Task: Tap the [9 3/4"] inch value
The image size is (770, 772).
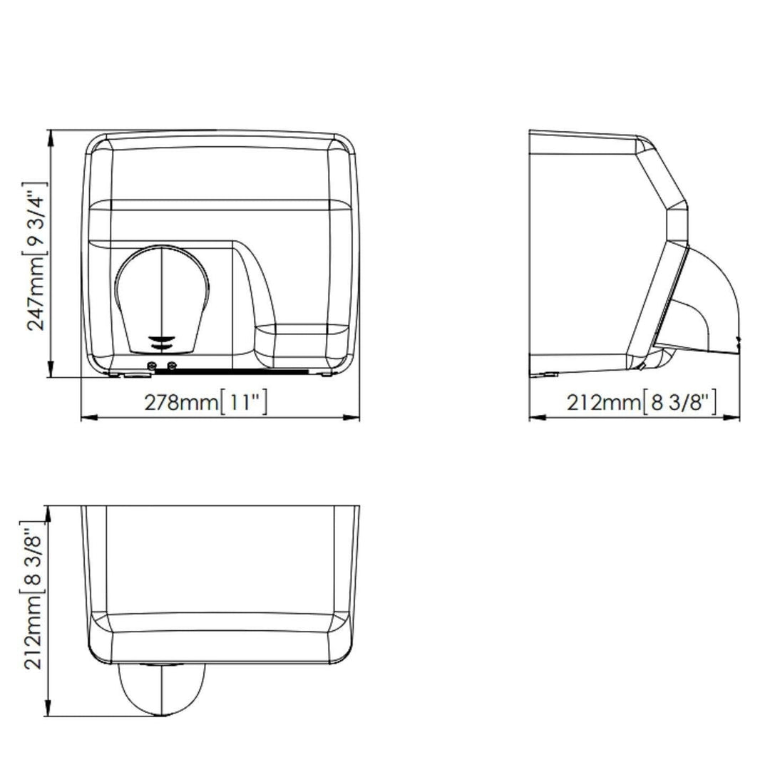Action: [35, 219]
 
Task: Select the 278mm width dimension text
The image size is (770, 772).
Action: [180, 402]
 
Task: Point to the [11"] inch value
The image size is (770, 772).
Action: [243, 401]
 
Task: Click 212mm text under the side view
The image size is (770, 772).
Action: [604, 403]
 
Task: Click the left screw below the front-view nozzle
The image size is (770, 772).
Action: [152, 365]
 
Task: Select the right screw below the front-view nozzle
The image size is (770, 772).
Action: [171, 365]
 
